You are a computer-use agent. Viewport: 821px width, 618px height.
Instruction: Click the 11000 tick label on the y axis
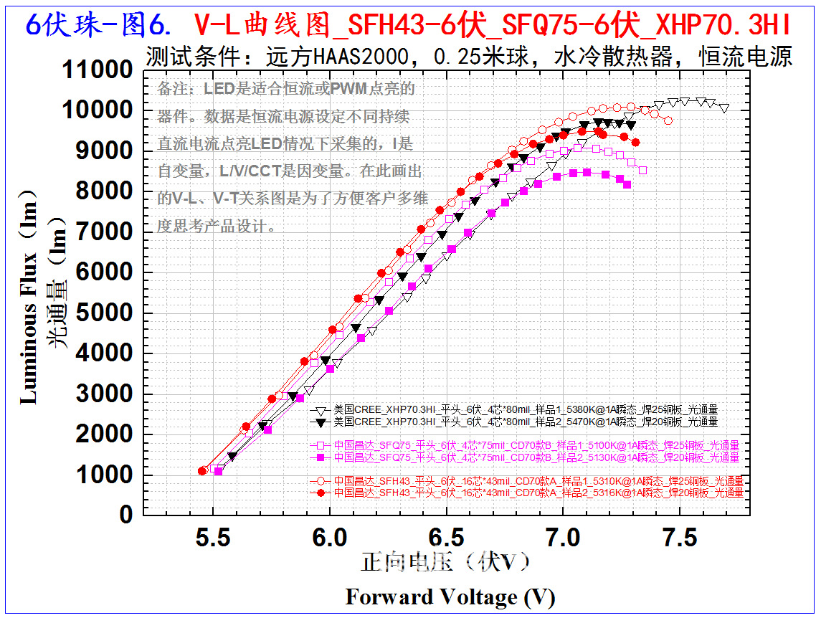click(x=98, y=70)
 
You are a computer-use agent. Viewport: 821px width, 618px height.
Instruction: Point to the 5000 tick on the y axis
click(x=104, y=313)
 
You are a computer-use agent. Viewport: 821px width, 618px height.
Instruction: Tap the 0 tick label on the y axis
click(x=126, y=514)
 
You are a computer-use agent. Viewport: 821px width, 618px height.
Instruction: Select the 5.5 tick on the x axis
click(x=213, y=536)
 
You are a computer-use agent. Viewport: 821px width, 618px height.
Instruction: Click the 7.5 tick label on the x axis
click(x=679, y=536)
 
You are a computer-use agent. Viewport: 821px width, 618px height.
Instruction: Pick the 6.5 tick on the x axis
click(x=446, y=536)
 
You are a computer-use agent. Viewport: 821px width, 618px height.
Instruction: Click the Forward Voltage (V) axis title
click(x=450, y=596)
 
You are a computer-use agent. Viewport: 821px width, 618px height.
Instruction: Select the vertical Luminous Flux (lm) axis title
click(x=29, y=297)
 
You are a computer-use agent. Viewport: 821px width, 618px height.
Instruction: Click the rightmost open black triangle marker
click(x=724, y=108)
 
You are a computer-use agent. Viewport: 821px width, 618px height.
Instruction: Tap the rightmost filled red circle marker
click(x=635, y=143)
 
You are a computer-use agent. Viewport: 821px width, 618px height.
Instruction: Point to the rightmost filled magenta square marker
click(x=627, y=185)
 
